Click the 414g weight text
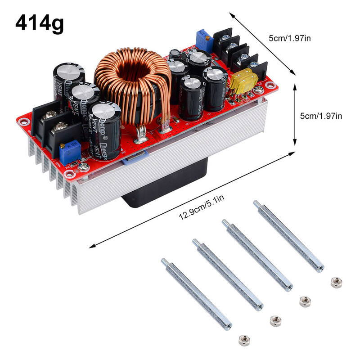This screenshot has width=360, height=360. pyautogui.click(x=40, y=23)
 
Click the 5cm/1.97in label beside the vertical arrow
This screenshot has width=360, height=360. pyautogui.click(x=321, y=116)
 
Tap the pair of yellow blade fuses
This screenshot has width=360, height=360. pyautogui.click(x=243, y=81)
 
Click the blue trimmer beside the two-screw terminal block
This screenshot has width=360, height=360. pyautogui.click(x=69, y=151)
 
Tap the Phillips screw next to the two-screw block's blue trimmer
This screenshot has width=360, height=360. pyautogui.click(x=84, y=167)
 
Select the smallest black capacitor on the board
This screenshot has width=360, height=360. pyautogui.click(x=175, y=54)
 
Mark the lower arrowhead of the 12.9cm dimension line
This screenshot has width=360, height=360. pyautogui.click(x=92, y=246)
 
